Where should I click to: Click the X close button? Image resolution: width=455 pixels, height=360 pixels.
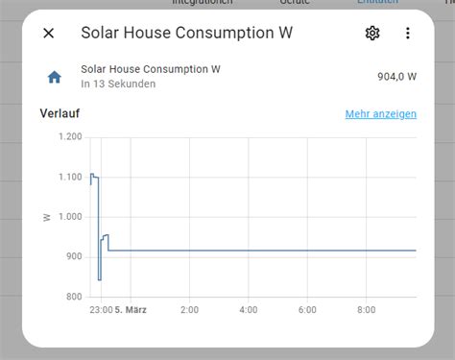coord(49,34)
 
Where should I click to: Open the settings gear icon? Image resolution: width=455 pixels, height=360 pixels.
coord(372,34)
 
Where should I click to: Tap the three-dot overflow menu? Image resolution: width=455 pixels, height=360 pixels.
coord(407,34)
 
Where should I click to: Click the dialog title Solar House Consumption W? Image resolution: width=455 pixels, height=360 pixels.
coord(187,34)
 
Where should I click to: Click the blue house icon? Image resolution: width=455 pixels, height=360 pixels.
coord(55,77)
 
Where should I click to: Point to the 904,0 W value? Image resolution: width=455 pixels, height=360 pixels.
coord(396,77)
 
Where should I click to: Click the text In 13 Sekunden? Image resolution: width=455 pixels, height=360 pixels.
coord(118,84)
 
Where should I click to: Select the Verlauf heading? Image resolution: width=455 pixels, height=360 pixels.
coord(60,113)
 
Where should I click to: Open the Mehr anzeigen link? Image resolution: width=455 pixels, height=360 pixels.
coord(380,114)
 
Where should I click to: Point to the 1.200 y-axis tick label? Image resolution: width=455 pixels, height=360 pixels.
coord(69,136)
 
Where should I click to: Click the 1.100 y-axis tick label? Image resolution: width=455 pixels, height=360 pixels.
coord(69,177)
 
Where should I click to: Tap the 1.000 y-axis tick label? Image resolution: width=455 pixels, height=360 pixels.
coord(69,217)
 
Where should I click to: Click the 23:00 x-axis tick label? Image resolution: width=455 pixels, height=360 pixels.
coord(101,310)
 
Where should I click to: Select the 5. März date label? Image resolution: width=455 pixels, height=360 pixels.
coord(132,310)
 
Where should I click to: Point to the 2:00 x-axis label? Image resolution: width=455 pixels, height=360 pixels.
coord(189,310)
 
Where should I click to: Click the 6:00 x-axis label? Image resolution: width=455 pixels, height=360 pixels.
coord(307,310)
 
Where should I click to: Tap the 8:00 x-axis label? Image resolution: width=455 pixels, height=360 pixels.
coord(366,310)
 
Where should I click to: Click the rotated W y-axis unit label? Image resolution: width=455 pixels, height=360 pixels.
coord(46,217)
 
